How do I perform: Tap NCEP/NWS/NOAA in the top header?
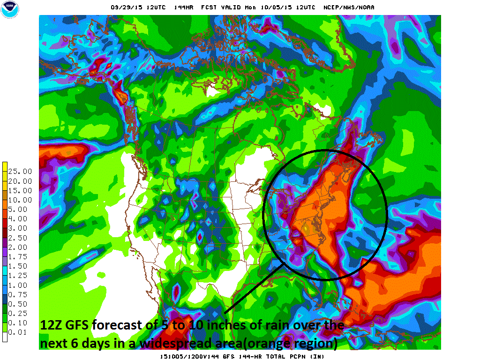tap(349, 7)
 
